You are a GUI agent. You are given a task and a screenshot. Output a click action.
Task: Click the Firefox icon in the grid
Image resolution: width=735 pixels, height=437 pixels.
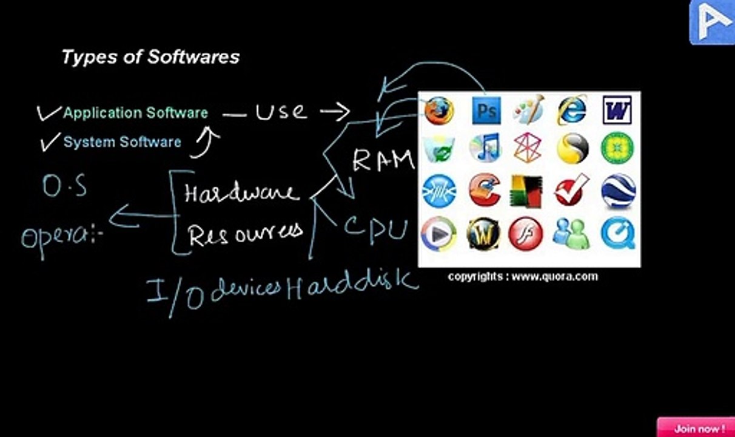[x=439, y=110]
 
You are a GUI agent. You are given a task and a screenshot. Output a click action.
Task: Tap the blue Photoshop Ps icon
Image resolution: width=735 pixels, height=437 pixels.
[x=486, y=110]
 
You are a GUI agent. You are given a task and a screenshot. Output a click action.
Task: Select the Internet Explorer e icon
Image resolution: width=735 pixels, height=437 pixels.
[x=572, y=110]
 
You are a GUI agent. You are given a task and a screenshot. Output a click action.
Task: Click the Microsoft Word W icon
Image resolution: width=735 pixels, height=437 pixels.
[x=617, y=110]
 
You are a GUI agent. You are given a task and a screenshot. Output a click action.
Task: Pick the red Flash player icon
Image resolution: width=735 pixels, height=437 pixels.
[x=525, y=234]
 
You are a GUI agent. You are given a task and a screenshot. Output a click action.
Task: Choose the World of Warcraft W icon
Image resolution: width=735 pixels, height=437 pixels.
[x=483, y=234]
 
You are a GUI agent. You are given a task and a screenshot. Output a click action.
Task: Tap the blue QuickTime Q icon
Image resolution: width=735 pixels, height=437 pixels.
[x=618, y=233]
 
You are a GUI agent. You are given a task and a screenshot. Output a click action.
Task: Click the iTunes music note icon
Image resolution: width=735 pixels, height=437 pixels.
[x=485, y=147]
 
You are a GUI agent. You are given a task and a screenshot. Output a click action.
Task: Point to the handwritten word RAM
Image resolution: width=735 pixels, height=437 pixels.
[x=383, y=160]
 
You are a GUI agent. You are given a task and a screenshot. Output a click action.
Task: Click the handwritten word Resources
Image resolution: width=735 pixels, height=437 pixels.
[x=246, y=234]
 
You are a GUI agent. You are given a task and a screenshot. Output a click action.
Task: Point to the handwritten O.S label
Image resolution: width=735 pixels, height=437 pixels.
[x=65, y=186]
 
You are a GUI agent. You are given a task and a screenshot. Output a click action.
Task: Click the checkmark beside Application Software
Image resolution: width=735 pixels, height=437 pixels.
[x=49, y=113]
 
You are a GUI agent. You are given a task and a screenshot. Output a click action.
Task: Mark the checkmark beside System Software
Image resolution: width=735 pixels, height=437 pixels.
[x=50, y=142]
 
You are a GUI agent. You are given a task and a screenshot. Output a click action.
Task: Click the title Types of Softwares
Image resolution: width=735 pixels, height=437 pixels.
[x=150, y=57]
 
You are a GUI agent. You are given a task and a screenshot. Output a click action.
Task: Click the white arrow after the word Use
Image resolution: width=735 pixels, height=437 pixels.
[x=335, y=112]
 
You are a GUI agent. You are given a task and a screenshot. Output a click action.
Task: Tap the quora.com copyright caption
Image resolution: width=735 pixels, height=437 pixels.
[x=523, y=277]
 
